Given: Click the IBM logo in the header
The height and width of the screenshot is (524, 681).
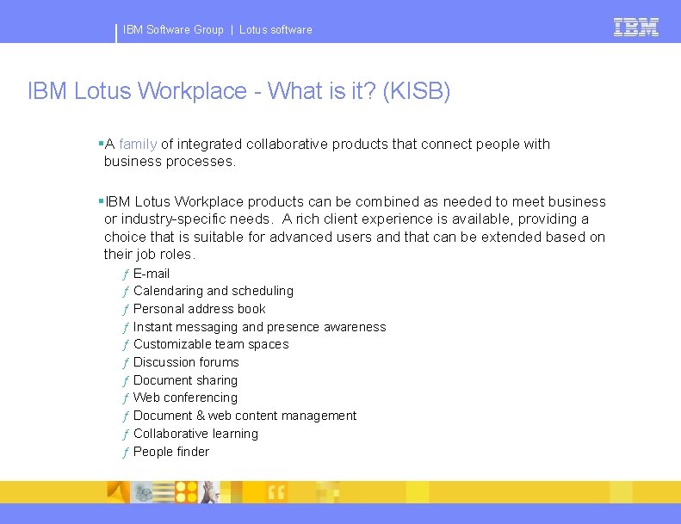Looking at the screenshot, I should tap(636, 28).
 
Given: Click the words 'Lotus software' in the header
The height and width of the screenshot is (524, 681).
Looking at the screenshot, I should tap(275, 30).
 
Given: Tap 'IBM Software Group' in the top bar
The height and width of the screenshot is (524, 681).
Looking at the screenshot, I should tap(173, 30).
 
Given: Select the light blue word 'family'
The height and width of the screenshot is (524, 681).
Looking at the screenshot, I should tap(138, 144).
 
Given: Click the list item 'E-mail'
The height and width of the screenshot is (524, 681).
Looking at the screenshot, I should tap(152, 274).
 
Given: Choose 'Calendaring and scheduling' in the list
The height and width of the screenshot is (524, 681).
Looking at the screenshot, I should tap(214, 291).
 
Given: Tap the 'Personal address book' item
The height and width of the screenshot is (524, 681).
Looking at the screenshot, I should tap(200, 309).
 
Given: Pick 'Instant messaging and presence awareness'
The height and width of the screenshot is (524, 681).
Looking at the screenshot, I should tap(260, 327).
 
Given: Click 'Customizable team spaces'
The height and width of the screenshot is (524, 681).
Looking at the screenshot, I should tap(211, 344).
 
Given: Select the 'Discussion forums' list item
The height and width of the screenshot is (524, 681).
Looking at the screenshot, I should tap(186, 362).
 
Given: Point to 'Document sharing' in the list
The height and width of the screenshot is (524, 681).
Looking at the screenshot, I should tap(185, 380).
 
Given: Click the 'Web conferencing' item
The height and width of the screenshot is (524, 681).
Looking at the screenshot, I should tap(185, 398).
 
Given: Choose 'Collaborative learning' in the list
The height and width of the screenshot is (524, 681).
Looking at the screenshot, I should tap(195, 434).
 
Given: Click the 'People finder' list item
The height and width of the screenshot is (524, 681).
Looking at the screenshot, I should tap(171, 452).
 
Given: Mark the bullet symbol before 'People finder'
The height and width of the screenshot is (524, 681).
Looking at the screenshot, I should tap(126, 453).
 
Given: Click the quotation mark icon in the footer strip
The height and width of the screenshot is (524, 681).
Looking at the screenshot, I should tap(276, 492).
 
